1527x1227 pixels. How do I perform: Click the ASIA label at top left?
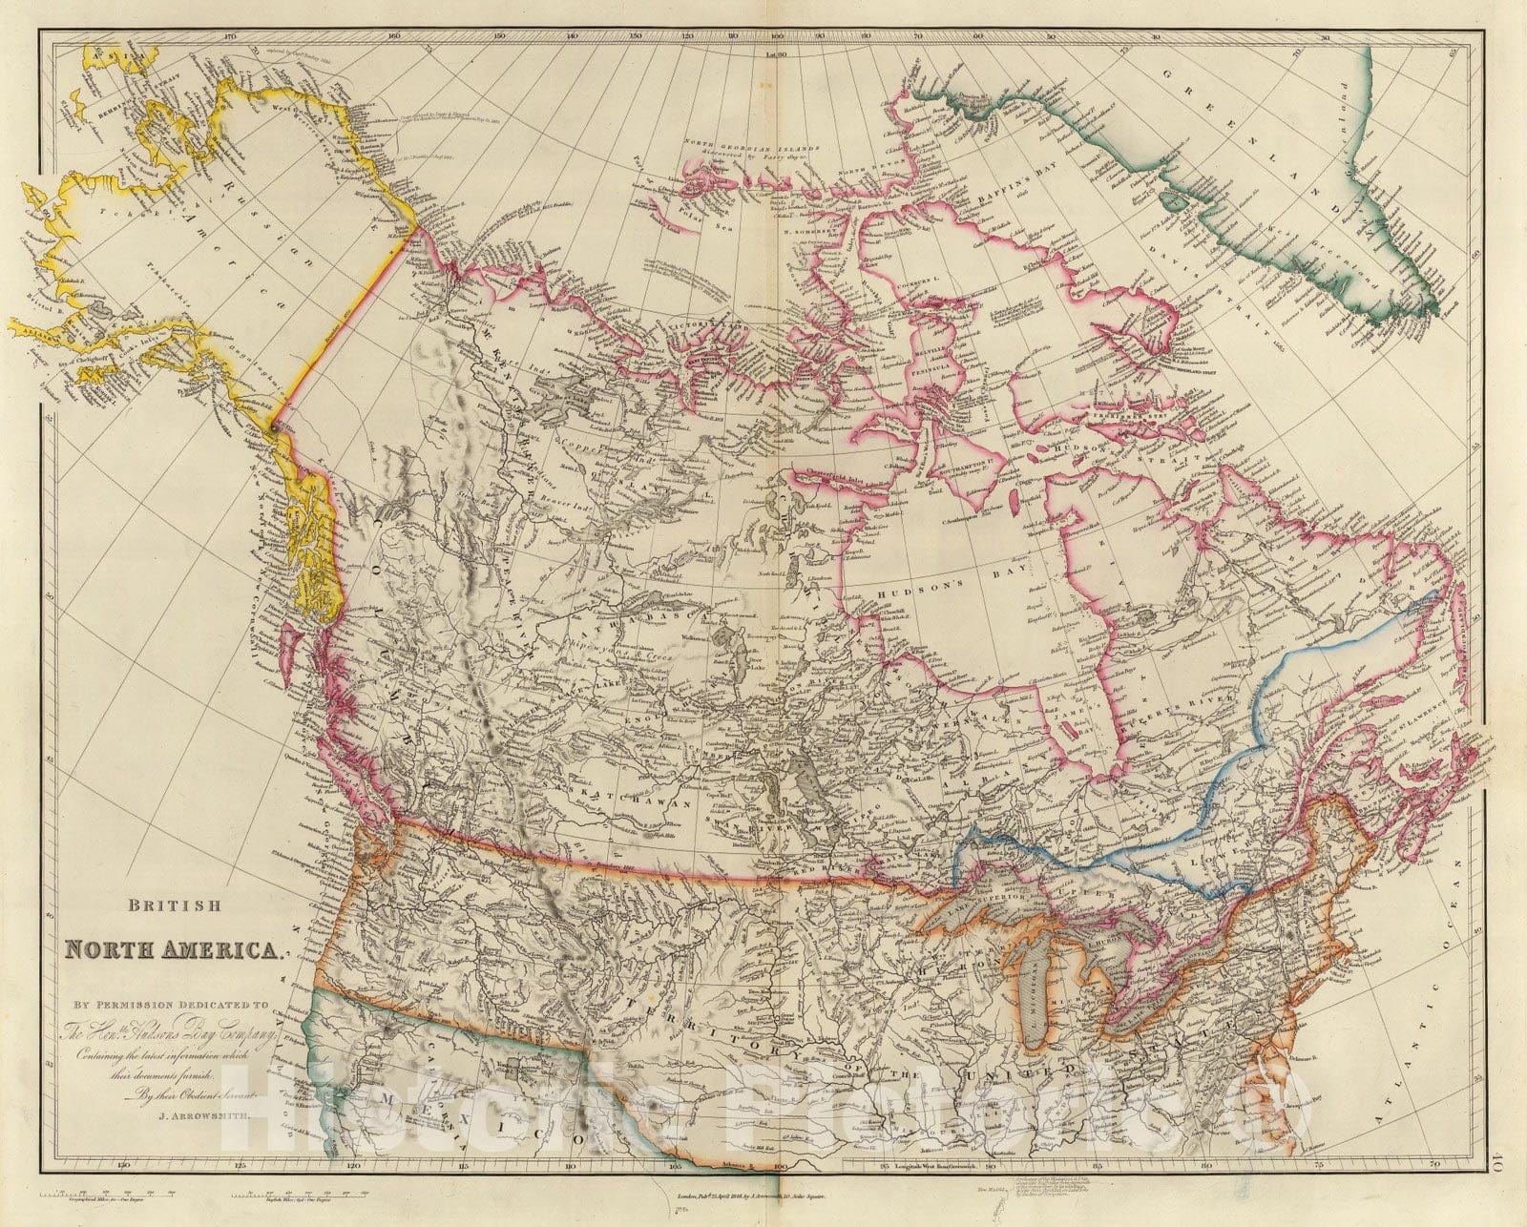click(x=103, y=59)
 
